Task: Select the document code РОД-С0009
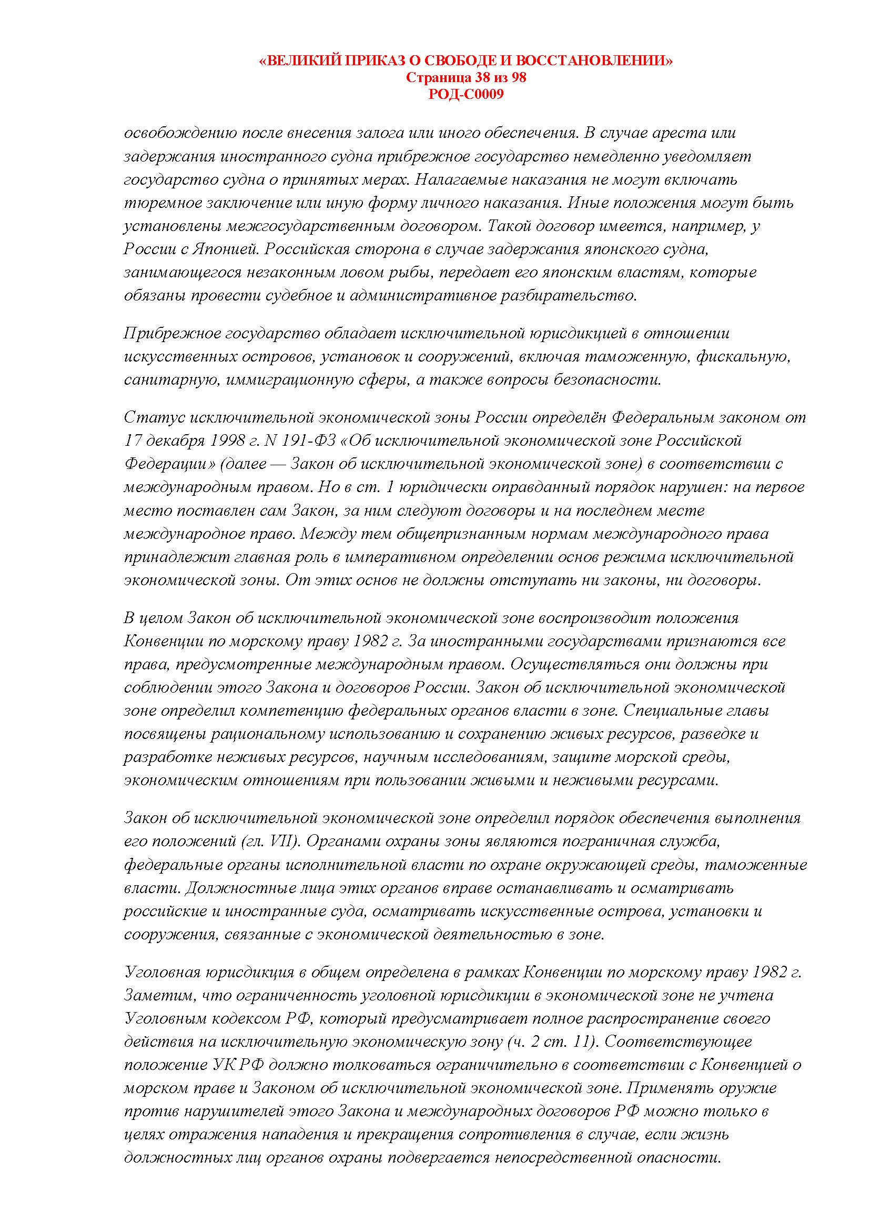pos(466,94)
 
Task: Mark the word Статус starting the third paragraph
pos(146,417)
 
